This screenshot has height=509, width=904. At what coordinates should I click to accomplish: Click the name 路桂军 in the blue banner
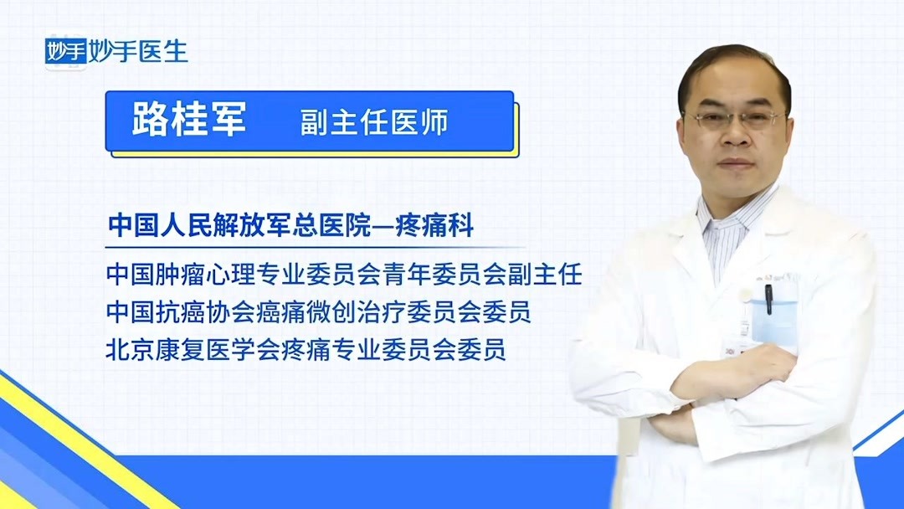pos(189,121)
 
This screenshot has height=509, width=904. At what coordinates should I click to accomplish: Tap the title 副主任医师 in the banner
pos(374,122)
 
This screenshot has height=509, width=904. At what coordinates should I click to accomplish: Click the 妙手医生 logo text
pos(141,51)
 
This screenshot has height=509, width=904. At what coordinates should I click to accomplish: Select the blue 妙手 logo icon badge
pos(66,52)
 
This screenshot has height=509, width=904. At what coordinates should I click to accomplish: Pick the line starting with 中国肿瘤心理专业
pos(343,274)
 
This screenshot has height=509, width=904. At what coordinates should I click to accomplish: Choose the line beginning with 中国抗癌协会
pos(318,312)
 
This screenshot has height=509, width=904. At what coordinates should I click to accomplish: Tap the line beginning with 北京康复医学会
pos(306,350)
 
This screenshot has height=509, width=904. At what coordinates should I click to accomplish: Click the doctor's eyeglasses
pos(736,120)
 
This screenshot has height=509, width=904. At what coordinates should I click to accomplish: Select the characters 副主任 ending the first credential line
pos(552,274)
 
